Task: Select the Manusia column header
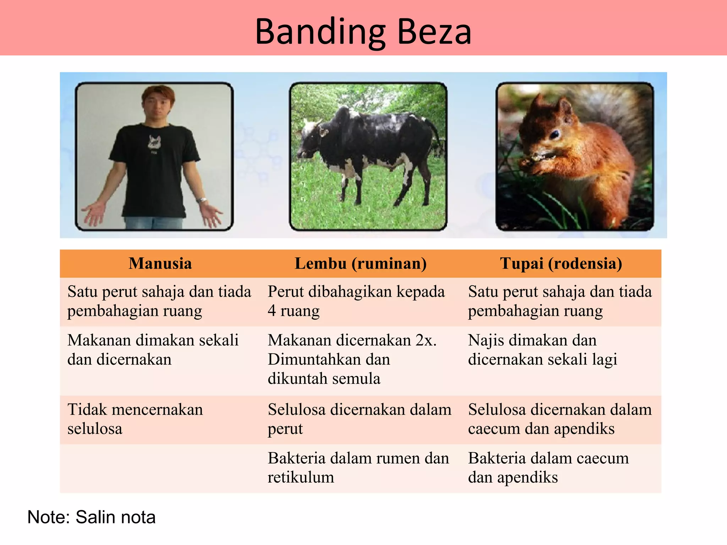coord(160,264)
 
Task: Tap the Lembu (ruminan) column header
coord(360,264)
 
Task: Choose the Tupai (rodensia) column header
coord(561,264)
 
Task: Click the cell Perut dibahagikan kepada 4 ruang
coord(356,301)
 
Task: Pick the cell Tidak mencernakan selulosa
coord(135,419)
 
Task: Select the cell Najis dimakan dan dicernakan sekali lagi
coord(542,350)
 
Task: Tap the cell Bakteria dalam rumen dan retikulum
coord(358,468)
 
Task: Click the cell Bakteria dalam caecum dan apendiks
coord(548,468)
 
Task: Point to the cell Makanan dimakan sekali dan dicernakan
coord(153,350)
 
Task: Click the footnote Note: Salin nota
coord(91,517)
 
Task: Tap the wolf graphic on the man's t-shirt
coord(154,143)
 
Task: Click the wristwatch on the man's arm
coord(202,200)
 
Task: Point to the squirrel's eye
coord(554,134)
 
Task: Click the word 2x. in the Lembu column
coord(426,340)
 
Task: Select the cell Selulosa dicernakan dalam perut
coord(359,419)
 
